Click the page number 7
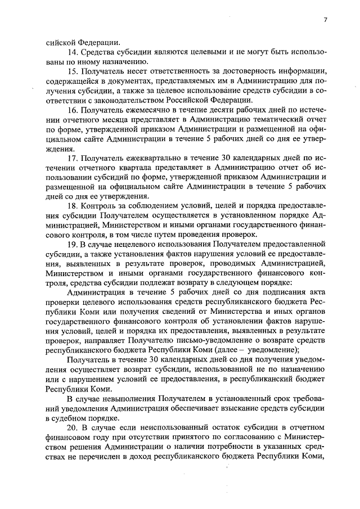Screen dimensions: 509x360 coord(325,21)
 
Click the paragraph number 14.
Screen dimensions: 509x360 coord(71,52)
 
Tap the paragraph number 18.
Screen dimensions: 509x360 coord(71,206)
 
